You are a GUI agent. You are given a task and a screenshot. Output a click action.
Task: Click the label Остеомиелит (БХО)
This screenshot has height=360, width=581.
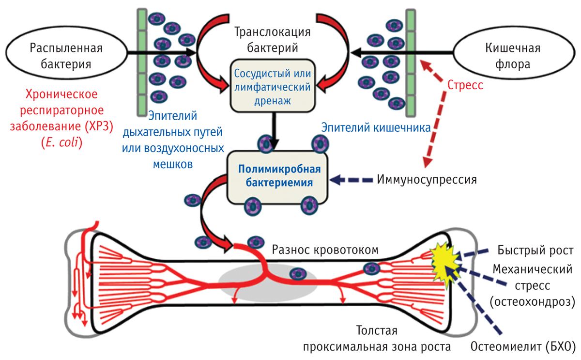(522, 347)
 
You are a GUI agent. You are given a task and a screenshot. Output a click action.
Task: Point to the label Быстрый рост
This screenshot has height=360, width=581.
(535, 250)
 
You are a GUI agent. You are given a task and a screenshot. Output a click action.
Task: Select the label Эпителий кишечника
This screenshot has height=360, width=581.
(376, 128)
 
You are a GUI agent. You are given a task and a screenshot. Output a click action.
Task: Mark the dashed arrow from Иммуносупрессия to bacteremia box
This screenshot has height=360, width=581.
(351, 180)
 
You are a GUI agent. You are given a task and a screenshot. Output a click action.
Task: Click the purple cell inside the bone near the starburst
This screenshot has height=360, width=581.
(372, 267)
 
